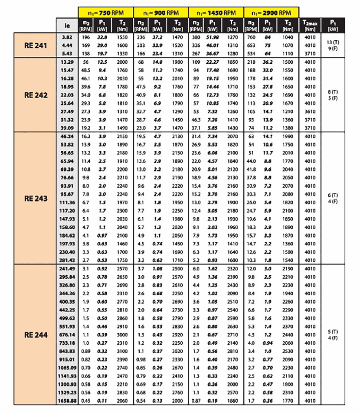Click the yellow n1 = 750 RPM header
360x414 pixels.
(106, 13)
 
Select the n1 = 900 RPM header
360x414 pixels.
(161, 13)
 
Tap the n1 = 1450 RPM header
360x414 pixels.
(216, 13)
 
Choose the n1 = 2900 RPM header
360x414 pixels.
(272, 13)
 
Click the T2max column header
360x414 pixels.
(310, 25)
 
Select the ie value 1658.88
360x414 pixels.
(67, 401)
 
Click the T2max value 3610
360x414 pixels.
(310, 112)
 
